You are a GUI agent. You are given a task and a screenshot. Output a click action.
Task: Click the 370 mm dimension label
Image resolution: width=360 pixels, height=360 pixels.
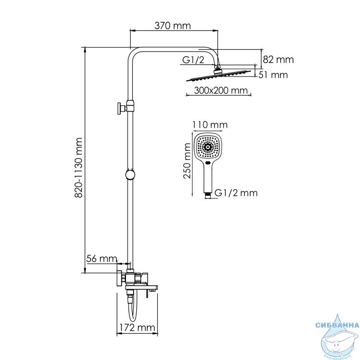pyautogui.click(x=172, y=26)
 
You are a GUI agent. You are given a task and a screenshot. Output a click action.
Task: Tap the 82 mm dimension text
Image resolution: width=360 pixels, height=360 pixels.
pyautogui.click(x=278, y=60)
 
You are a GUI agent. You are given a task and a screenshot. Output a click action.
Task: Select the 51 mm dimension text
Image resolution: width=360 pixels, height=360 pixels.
pyautogui.click(x=273, y=75)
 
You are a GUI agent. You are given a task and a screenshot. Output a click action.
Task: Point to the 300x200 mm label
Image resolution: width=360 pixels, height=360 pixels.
pyautogui.click(x=221, y=90)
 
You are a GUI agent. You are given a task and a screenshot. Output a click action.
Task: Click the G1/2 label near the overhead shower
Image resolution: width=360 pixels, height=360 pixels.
pyautogui.click(x=193, y=60)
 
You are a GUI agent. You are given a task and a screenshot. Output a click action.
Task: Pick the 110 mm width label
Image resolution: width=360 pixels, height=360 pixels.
pyautogui.click(x=210, y=125)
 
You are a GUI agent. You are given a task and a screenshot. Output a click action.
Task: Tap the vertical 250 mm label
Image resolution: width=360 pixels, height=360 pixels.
pyautogui.click(x=187, y=161)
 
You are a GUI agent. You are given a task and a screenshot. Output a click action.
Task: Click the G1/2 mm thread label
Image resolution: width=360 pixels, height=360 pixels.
pyautogui.click(x=236, y=193)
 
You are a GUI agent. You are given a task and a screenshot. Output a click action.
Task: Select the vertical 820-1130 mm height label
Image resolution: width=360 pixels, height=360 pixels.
pyautogui.click(x=79, y=167)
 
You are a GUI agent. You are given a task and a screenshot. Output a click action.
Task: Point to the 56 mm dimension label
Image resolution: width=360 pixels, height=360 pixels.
pyautogui.click(x=102, y=259)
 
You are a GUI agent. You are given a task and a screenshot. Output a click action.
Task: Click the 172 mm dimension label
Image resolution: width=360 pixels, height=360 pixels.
pyautogui.click(x=137, y=328)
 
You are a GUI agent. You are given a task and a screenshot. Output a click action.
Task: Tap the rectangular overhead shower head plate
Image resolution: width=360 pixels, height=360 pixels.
pyautogui.click(x=219, y=76)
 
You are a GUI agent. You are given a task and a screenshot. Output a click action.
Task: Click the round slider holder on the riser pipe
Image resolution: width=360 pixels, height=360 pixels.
pyautogui.click(x=130, y=175)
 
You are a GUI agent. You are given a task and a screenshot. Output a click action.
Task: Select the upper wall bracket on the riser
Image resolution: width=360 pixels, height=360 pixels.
pyautogui.click(x=126, y=107)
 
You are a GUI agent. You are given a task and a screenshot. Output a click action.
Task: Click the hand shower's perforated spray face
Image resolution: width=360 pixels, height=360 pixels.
pyautogui.click(x=208, y=147)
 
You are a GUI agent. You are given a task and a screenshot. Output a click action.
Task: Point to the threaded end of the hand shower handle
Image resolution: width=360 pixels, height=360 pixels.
pyautogui.click(x=208, y=195)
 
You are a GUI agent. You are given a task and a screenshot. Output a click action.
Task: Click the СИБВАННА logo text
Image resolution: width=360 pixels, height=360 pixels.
pyautogui.click(x=337, y=325)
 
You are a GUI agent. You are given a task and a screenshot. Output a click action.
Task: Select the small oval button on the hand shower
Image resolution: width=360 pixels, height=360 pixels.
pyautogui.click(x=208, y=163)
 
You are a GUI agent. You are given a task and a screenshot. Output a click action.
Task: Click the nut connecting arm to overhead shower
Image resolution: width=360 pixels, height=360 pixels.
pyautogui.click(x=217, y=67)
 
